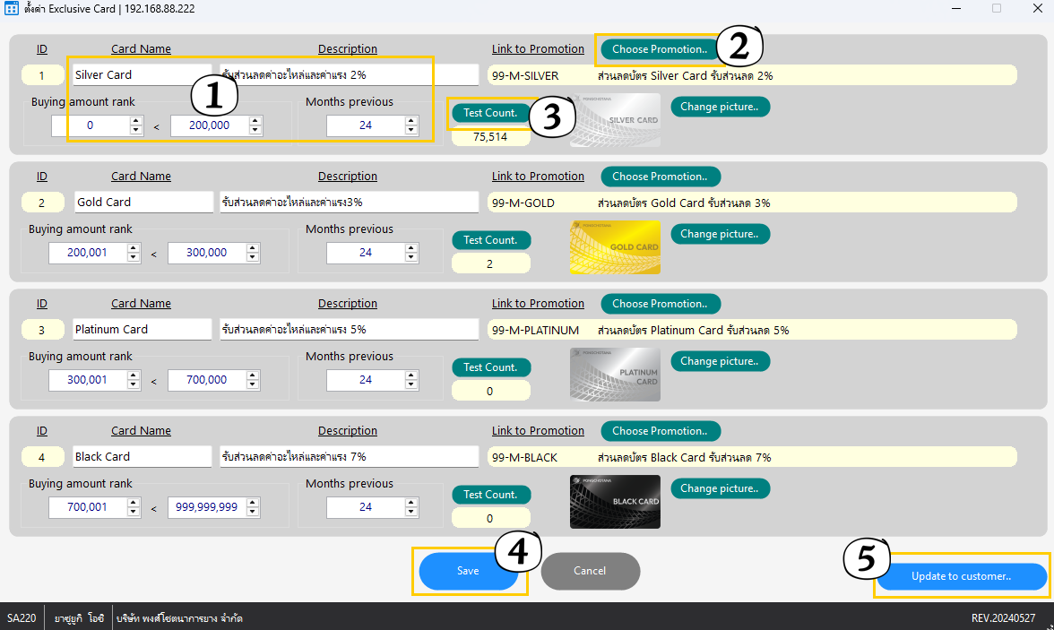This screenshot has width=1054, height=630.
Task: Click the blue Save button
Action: [468, 571]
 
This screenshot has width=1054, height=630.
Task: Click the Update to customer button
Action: [961, 576]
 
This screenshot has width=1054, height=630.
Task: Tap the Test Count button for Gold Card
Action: [491, 240]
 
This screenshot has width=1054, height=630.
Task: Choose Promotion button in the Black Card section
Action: [660, 431]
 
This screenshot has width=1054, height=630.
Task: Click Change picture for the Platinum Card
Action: [720, 361]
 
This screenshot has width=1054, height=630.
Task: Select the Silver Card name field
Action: [142, 74]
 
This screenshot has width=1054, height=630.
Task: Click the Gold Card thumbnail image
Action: [615, 246]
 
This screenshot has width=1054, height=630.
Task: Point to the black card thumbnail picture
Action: [615, 502]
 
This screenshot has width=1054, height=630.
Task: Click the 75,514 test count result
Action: [491, 136]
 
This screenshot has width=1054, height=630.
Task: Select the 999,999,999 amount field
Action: [207, 507]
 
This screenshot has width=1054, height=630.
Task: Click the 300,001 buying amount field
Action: [88, 380]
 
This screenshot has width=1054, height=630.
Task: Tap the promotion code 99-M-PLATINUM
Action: [535, 330]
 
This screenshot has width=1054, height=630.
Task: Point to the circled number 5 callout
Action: [867, 558]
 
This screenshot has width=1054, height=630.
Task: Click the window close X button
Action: [1038, 8]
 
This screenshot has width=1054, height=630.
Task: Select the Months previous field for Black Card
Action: [366, 507]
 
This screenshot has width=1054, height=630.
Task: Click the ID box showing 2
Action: [42, 203]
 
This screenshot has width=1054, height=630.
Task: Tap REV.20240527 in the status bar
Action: [1003, 617]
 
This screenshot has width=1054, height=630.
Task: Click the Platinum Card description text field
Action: [349, 330]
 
